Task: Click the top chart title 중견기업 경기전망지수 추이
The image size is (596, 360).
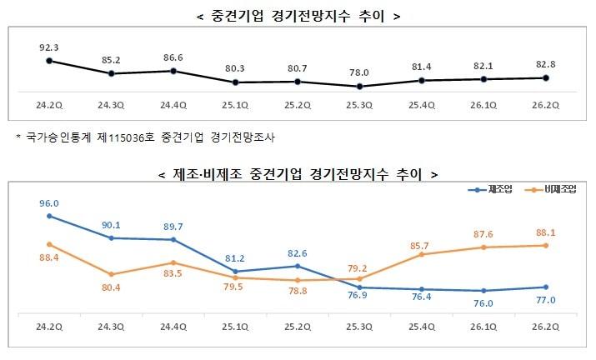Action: point(298,16)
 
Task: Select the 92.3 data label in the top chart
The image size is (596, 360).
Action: point(49,48)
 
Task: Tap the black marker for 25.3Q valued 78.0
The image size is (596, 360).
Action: point(359,86)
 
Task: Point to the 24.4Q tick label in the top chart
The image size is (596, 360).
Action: point(173,106)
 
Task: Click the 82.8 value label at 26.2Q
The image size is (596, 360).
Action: point(545,65)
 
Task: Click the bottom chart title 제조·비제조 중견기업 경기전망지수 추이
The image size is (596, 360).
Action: point(298,174)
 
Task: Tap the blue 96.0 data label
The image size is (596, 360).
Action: point(49,202)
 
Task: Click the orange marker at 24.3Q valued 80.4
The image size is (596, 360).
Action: point(112,274)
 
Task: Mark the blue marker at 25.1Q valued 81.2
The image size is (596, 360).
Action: point(236,271)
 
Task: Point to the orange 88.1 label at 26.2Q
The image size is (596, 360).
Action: point(545,232)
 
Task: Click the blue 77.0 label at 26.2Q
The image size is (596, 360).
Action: point(545,300)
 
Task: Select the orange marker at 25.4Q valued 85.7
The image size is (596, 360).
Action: point(422,254)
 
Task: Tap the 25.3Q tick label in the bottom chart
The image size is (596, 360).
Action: point(359,328)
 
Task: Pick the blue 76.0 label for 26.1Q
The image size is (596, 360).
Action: point(483,303)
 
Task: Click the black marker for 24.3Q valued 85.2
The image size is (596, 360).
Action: point(112,73)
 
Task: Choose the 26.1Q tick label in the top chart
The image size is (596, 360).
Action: point(483,106)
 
